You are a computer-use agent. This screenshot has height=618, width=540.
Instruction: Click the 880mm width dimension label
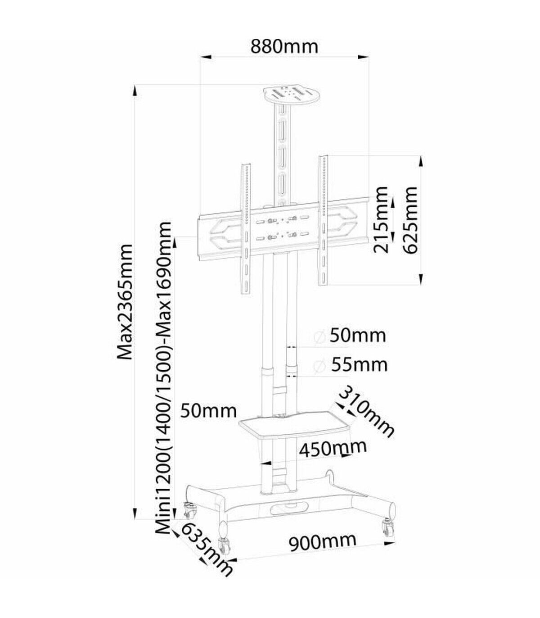pyautogui.click(x=284, y=47)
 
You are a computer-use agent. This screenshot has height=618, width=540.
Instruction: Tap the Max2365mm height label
pyautogui.click(x=124, y=302)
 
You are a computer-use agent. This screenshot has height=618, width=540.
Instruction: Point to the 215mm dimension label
pyautogui.click(x=379, y=220)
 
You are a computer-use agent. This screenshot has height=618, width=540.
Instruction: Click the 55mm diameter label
pyautogui.click(x=360, y=364)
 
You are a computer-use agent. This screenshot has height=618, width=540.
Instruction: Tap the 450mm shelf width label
pyautogui.click(x=333, y=449)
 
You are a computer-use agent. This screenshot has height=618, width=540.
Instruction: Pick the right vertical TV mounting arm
pyautogui.click(x=323, y=220)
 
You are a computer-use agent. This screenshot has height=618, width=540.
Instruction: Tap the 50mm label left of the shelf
pyautogui.click(x=208, y=411)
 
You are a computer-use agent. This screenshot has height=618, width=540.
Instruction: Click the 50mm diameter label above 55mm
pyautogui.click(x=358, y=336)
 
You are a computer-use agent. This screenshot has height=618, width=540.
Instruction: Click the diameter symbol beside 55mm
pyautogui.click(x=319, y=365)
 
